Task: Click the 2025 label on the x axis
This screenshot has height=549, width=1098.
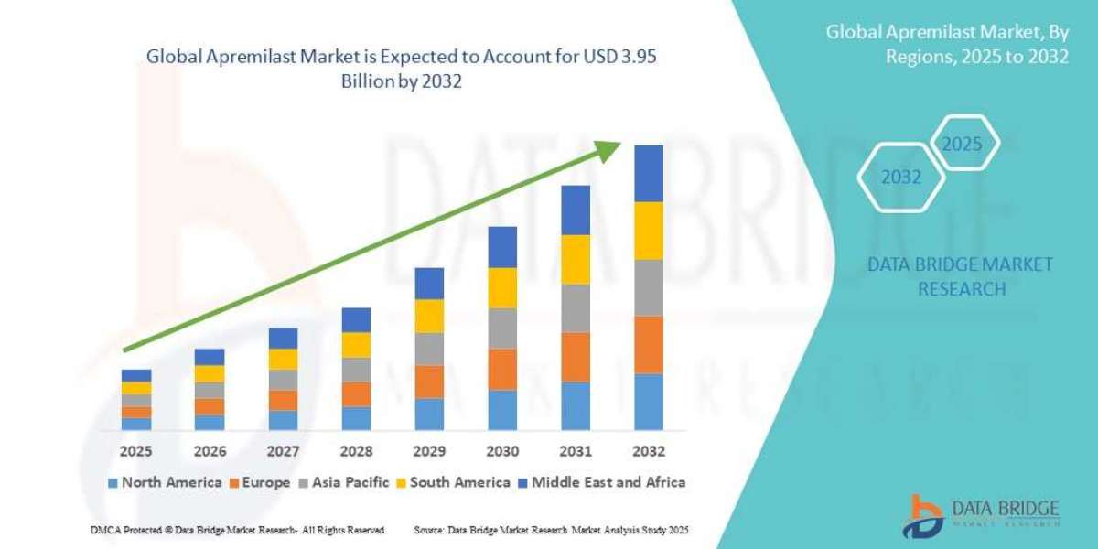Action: point(136,451)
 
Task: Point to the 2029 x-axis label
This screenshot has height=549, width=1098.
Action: point(429,451)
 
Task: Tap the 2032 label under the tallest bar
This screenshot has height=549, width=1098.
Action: point(648,451)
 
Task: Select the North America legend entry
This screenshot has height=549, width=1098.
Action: point(164,482)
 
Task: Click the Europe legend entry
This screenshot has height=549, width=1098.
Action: point(260,482)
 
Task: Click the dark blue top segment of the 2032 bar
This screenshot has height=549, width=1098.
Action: point(648,174)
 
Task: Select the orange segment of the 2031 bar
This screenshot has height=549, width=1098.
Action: point(576,357)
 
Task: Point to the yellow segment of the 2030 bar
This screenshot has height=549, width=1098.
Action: point(502,287)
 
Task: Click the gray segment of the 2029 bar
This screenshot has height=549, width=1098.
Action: point(429,349)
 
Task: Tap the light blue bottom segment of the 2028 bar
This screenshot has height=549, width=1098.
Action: point(356,418)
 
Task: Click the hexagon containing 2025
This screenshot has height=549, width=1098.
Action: point(962,145)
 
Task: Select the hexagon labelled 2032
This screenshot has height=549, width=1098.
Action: point(901,178)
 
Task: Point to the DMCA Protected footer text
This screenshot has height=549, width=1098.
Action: point(238,530)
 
